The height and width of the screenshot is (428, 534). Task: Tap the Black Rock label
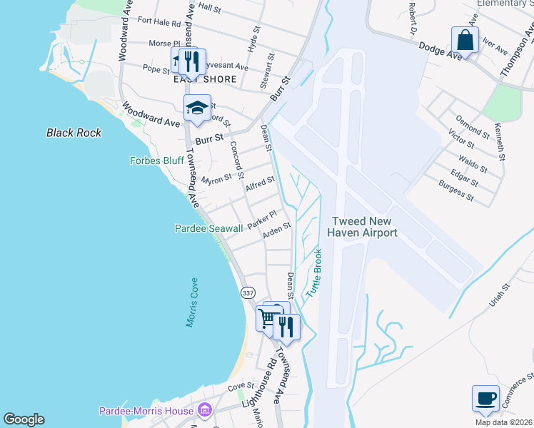pyautogui.click(x=74, y=133)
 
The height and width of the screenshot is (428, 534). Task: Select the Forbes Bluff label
pyautogui.click(x=156, y=160)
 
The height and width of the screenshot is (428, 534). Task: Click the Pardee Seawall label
pyautogui.click(x=209, y=228)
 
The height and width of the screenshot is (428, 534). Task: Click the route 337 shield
pyautogui.click(x=247, y=293)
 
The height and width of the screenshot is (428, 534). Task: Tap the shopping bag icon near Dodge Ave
pyautogui.click(x=465, y=41)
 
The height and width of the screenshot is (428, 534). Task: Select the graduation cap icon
pyautogui.click(x=197, y=108)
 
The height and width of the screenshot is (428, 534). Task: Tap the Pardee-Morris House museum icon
pyautogui.click(x=205, y=411)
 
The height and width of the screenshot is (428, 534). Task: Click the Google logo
pyautogui.click(x=24, y=419)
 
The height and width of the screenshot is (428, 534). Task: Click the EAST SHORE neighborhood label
pyautogui.click(x=205, y=79)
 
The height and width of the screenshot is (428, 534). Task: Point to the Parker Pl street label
pyautogui.click(x=261, y=218)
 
